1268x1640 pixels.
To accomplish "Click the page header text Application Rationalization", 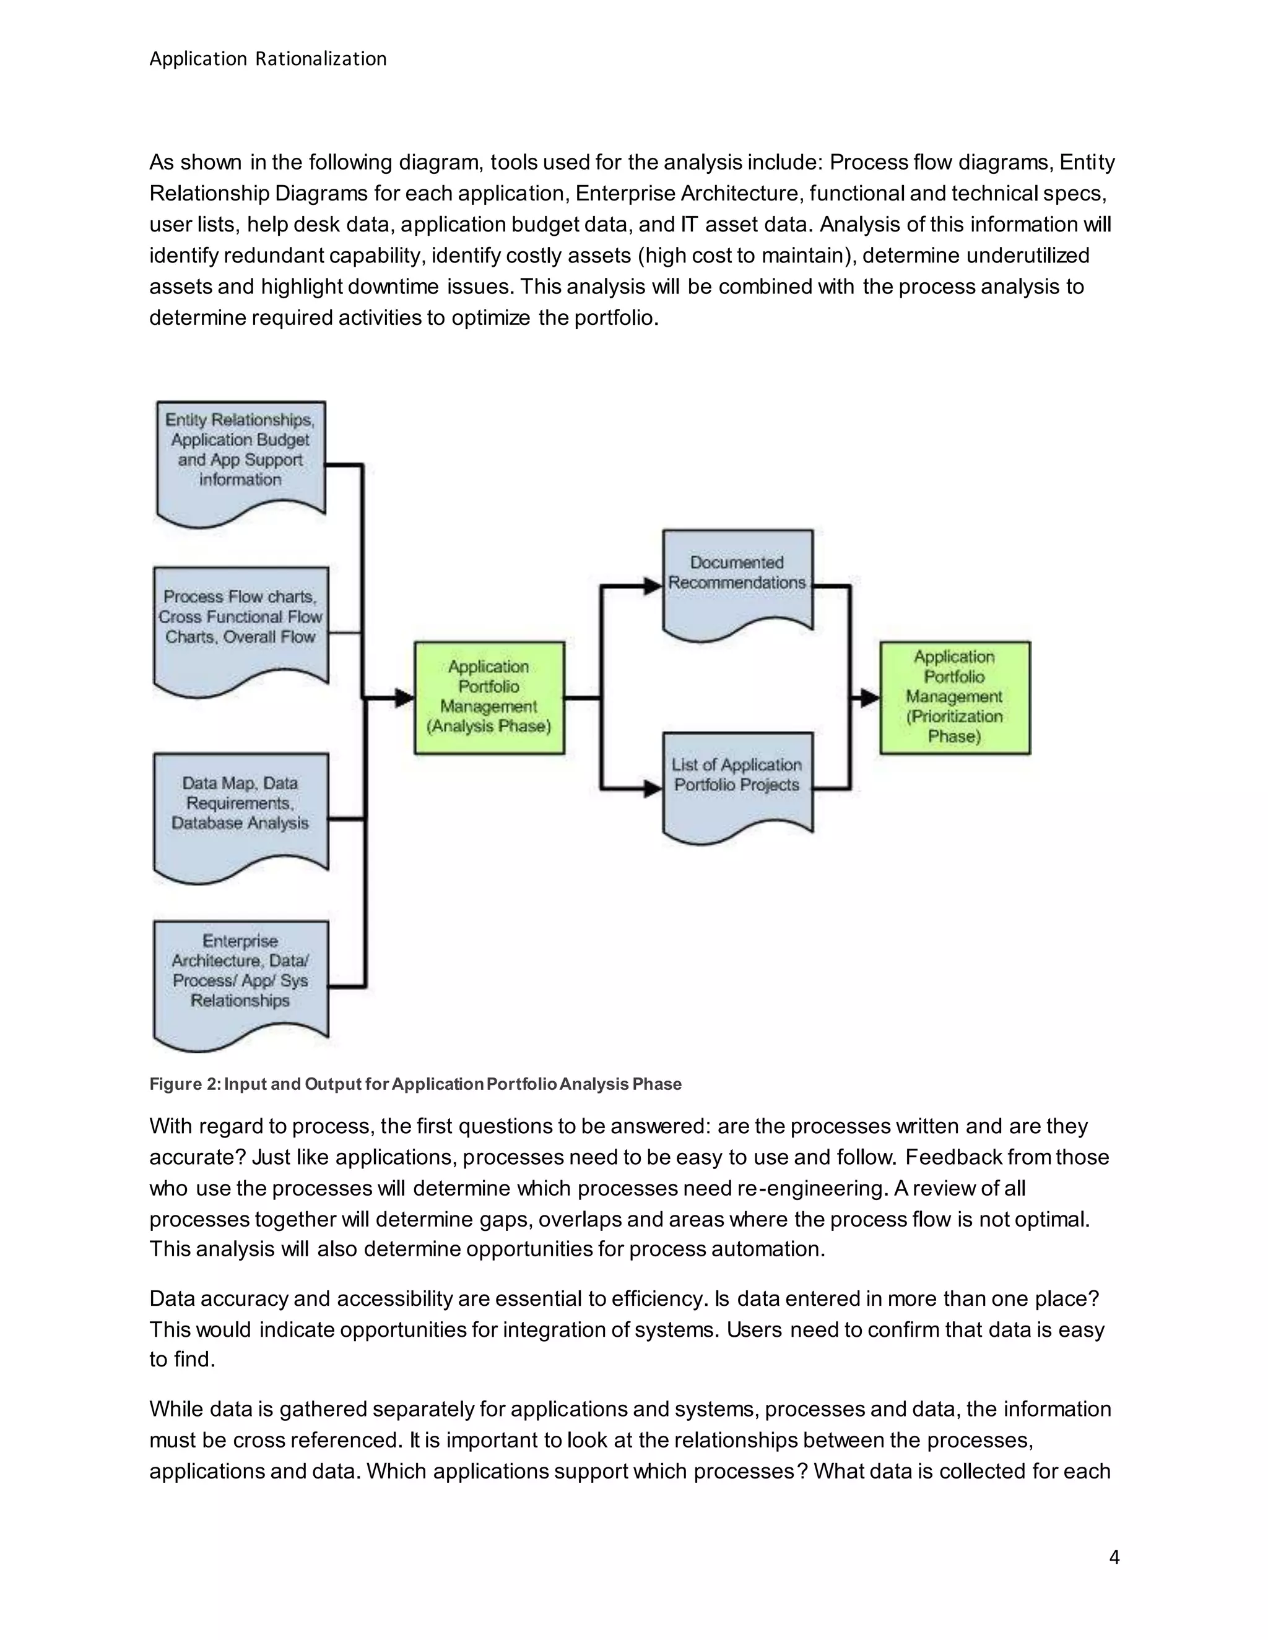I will (x=267, y=59).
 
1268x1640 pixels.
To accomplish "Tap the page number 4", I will (x=1114, y=1558).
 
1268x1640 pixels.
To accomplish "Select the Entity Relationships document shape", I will (x=240, y=458).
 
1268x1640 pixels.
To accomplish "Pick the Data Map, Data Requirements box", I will (x=240, y=811).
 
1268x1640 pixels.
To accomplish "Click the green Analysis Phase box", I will (x=489, y=697).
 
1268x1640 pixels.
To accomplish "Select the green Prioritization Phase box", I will (x=955, y=697).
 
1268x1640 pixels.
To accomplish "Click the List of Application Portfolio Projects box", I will (x=737, y=781).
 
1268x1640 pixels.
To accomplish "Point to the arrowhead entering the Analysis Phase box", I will (x=404, y=698).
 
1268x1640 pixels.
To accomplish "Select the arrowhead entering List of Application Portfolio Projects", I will (x=653, y=789).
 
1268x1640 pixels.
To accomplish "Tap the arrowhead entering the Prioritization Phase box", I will (x=870, y=698).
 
